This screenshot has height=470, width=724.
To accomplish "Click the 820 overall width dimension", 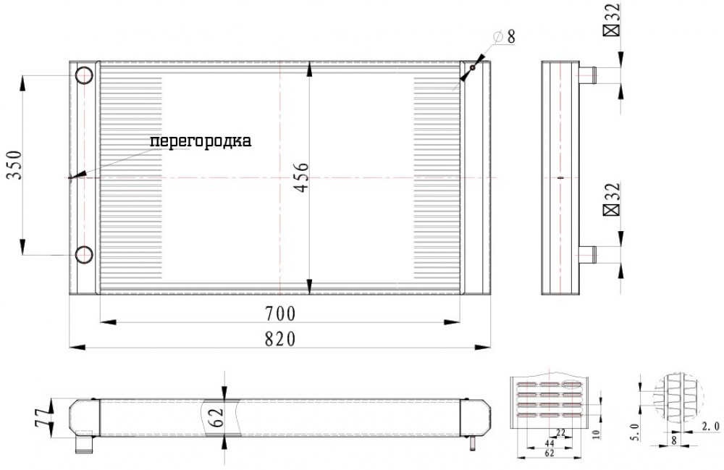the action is tap(279, 339).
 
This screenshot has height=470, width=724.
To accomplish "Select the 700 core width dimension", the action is tap(279, 314).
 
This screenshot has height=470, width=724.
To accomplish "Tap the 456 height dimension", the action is tap(301, 177).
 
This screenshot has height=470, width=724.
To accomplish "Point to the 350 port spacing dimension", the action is tap(14, 165).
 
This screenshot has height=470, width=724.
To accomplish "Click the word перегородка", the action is tap(201, 141).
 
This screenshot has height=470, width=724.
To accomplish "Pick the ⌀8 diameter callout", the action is tap(504, 36).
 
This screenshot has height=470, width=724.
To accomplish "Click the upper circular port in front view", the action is tap(85, 75).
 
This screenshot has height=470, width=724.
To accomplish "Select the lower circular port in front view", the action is tap(85, 254).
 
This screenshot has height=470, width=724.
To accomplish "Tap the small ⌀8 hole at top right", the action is tap(472, 68).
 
